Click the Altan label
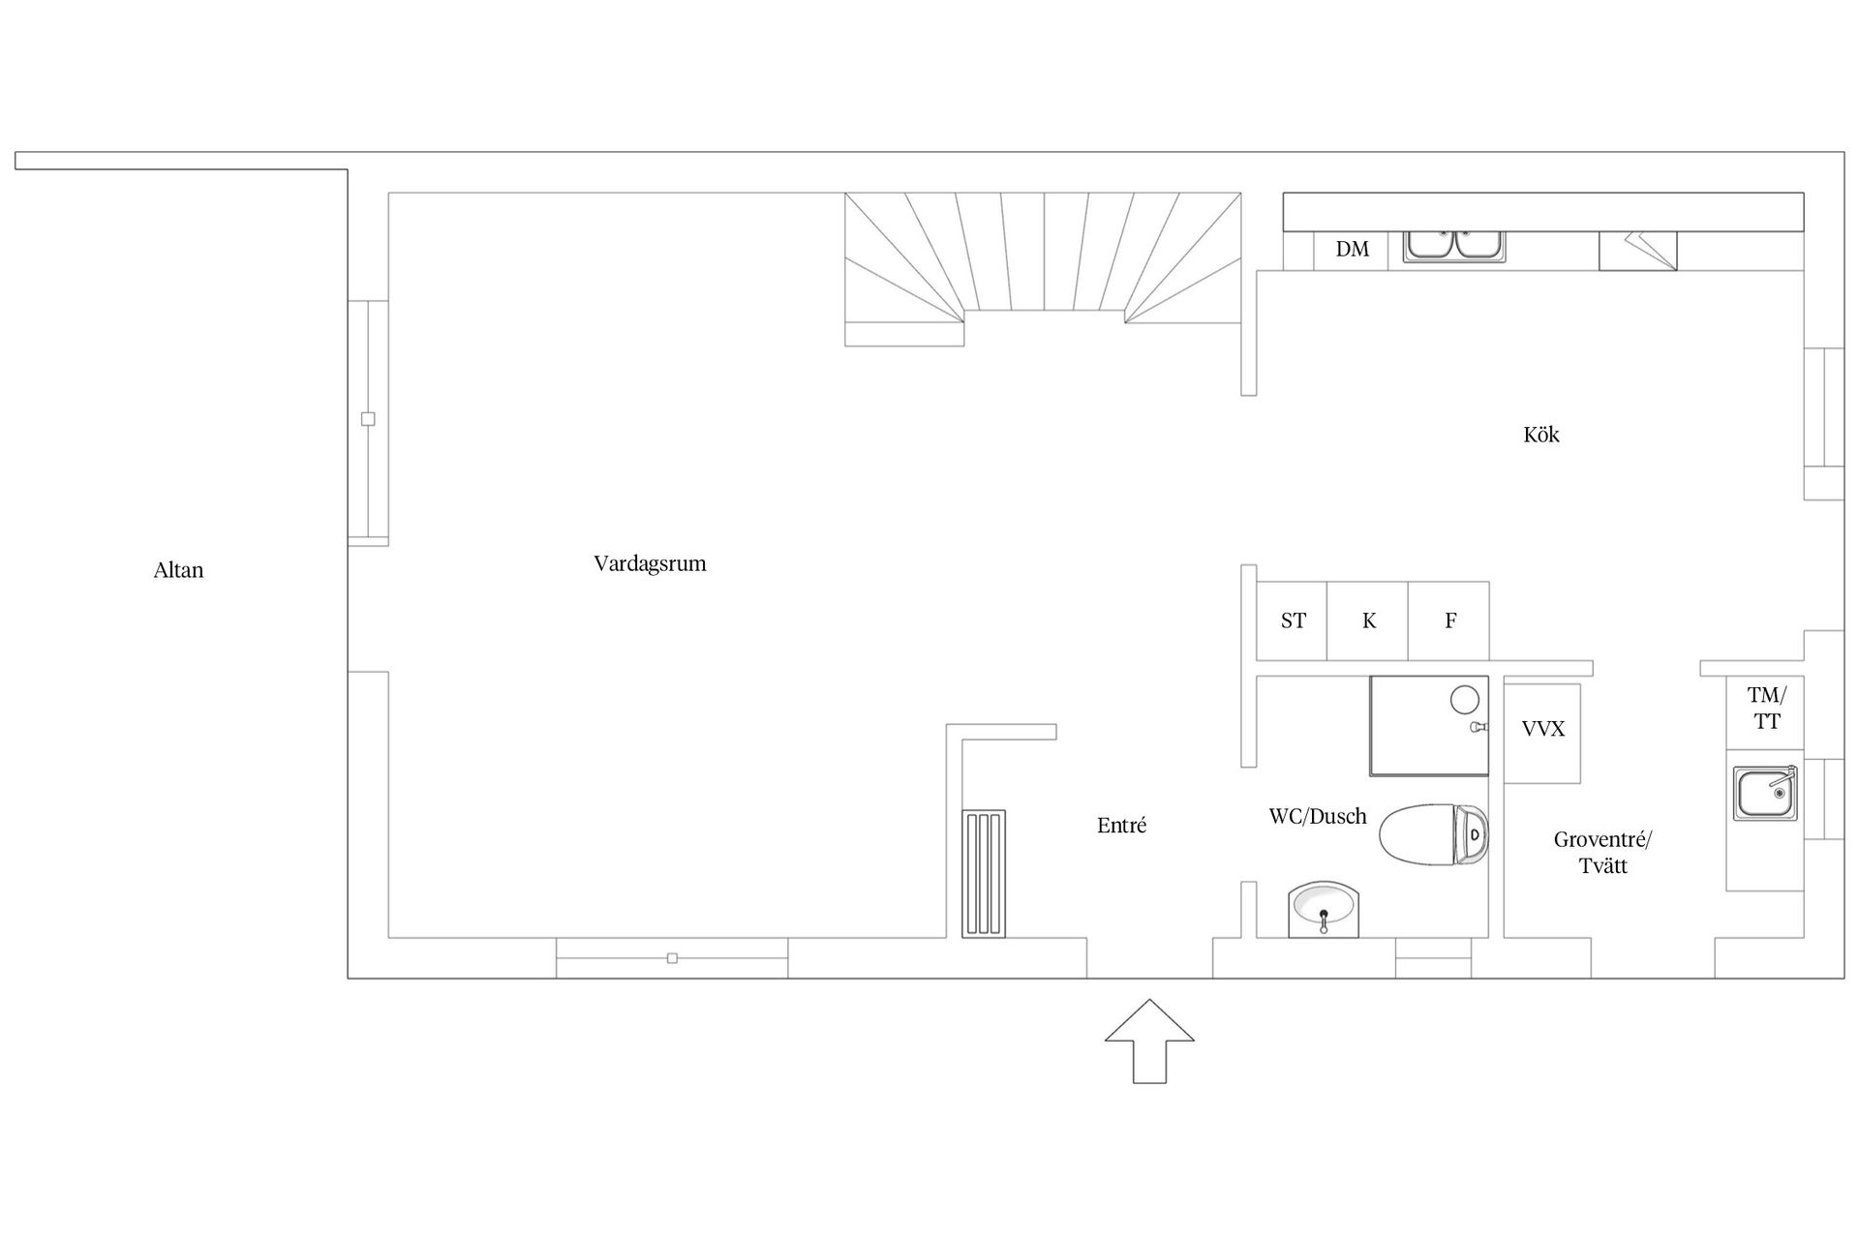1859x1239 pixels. click(x=178, y=570)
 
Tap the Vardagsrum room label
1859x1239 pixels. click(x=650, y=563)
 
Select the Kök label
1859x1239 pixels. click(x=1541, y=435)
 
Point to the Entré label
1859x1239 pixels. click(x=1121, y=826)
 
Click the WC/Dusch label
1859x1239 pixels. click(x=1318, y=816)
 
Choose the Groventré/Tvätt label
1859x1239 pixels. click(x=1603, y=853)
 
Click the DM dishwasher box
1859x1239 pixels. click(x=1352, y=251)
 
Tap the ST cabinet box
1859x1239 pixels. click(x=1292, y=620)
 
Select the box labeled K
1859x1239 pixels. click(x=1368, y=620)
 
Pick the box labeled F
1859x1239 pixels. click(x=1449, y=620)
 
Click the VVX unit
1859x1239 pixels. click(x=1542, y=734)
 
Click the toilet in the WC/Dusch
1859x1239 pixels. click(x=1433, y=834)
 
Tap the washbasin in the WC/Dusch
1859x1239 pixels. click(x=1324, y=910)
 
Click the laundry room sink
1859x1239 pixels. click(x=1765, y=794)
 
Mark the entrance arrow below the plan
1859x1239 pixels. click(x=1149, y=1041)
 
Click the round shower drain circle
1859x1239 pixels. click(x=1464, y=700)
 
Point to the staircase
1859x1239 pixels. click(x=1043, y=269)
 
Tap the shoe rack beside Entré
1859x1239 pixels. click(x=984, y=874)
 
